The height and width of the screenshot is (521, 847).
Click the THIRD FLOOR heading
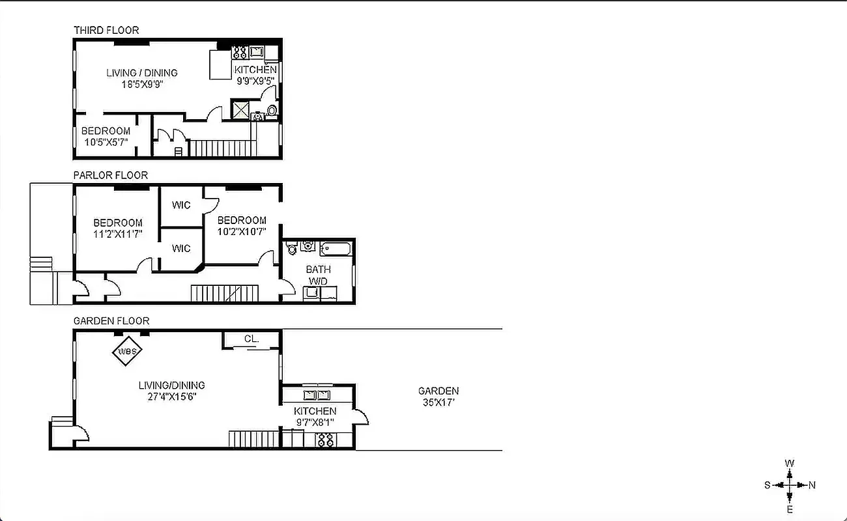[106, 30]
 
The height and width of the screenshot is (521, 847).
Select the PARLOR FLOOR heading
[110, 175]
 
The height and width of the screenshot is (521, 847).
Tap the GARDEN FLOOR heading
[111, 320]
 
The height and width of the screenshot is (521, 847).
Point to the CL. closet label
[251, 339]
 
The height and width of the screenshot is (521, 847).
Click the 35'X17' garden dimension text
[438, 402]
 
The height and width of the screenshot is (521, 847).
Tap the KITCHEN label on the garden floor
[315, 411]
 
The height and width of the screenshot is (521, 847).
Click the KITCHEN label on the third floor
[255, 70]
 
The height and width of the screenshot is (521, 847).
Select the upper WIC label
[181, 205]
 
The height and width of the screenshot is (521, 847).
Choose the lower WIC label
[181, 248]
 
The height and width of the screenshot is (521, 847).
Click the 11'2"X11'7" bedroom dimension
[117, 233]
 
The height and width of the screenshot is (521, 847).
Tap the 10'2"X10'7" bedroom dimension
[242, 231]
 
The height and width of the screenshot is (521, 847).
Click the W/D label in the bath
[318, 281]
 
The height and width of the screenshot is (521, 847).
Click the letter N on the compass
[812, 485]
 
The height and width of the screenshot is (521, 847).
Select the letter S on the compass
[768, 485]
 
